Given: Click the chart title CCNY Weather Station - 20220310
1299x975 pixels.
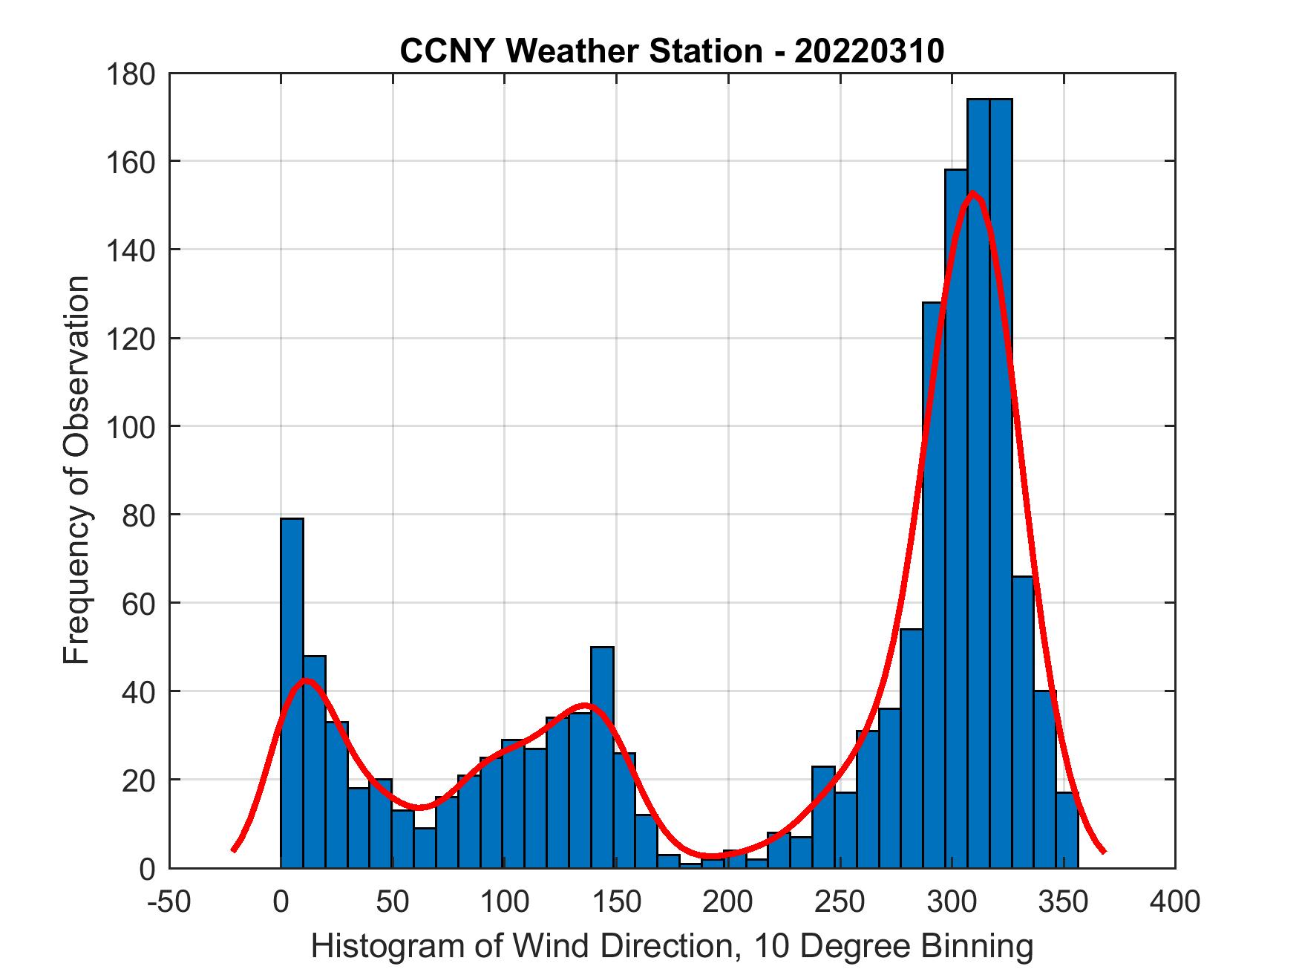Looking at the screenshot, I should [x=672, y=51].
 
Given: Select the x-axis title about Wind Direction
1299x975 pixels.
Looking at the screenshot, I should [x=672, y=946].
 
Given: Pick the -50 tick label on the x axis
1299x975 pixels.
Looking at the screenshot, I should [x=170, y=901].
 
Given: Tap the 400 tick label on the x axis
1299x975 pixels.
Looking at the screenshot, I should [x=1175, y=901].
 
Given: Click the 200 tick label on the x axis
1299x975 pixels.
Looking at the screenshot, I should [x=728, y=901].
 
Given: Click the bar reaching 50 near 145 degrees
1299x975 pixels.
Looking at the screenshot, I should [x=602, y=757].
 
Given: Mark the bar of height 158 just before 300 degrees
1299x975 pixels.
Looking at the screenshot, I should [x=956, y=520].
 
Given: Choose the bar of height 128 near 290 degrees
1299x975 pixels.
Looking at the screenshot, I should [x=934, y=587].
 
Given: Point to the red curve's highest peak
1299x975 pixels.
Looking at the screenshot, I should [x=973, y=194].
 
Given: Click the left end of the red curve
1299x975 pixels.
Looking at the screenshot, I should [x=234, y=850].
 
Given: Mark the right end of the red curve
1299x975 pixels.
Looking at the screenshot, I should [x=1104, y=851].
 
